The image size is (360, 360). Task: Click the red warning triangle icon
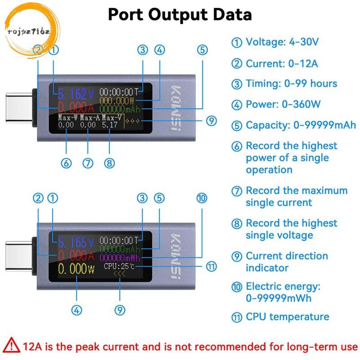tap(11, 345)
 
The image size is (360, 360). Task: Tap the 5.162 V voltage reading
tap(76, 94)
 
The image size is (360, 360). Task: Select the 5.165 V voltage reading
tap(76, 242)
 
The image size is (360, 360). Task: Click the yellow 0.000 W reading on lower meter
tap(76, 269)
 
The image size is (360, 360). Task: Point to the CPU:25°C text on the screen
tap(119, 266)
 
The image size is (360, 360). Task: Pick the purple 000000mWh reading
tap(120, 258)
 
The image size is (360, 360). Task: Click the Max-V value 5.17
tap(109, 125)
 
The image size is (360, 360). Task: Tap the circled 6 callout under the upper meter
tap(66, 163)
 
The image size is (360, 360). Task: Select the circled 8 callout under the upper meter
tap(109, 163)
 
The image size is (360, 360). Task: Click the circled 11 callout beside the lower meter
tap(211, 266)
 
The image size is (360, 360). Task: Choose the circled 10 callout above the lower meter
tap(202, 198)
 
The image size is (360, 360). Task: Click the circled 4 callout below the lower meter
tap(76, 310)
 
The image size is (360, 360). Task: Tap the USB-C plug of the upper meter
tap(19, 108)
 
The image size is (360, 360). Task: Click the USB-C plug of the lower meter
tap(19, 256)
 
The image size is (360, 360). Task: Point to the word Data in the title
tap(232, 14)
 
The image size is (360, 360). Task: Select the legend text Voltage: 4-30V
tap(282, 42)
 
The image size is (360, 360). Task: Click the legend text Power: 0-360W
tap(283, 104)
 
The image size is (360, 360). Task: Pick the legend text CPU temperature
tap(288, 317)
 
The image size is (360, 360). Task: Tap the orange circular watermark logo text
tap(28, 31)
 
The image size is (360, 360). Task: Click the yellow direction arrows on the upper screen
tap(132, 121)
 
